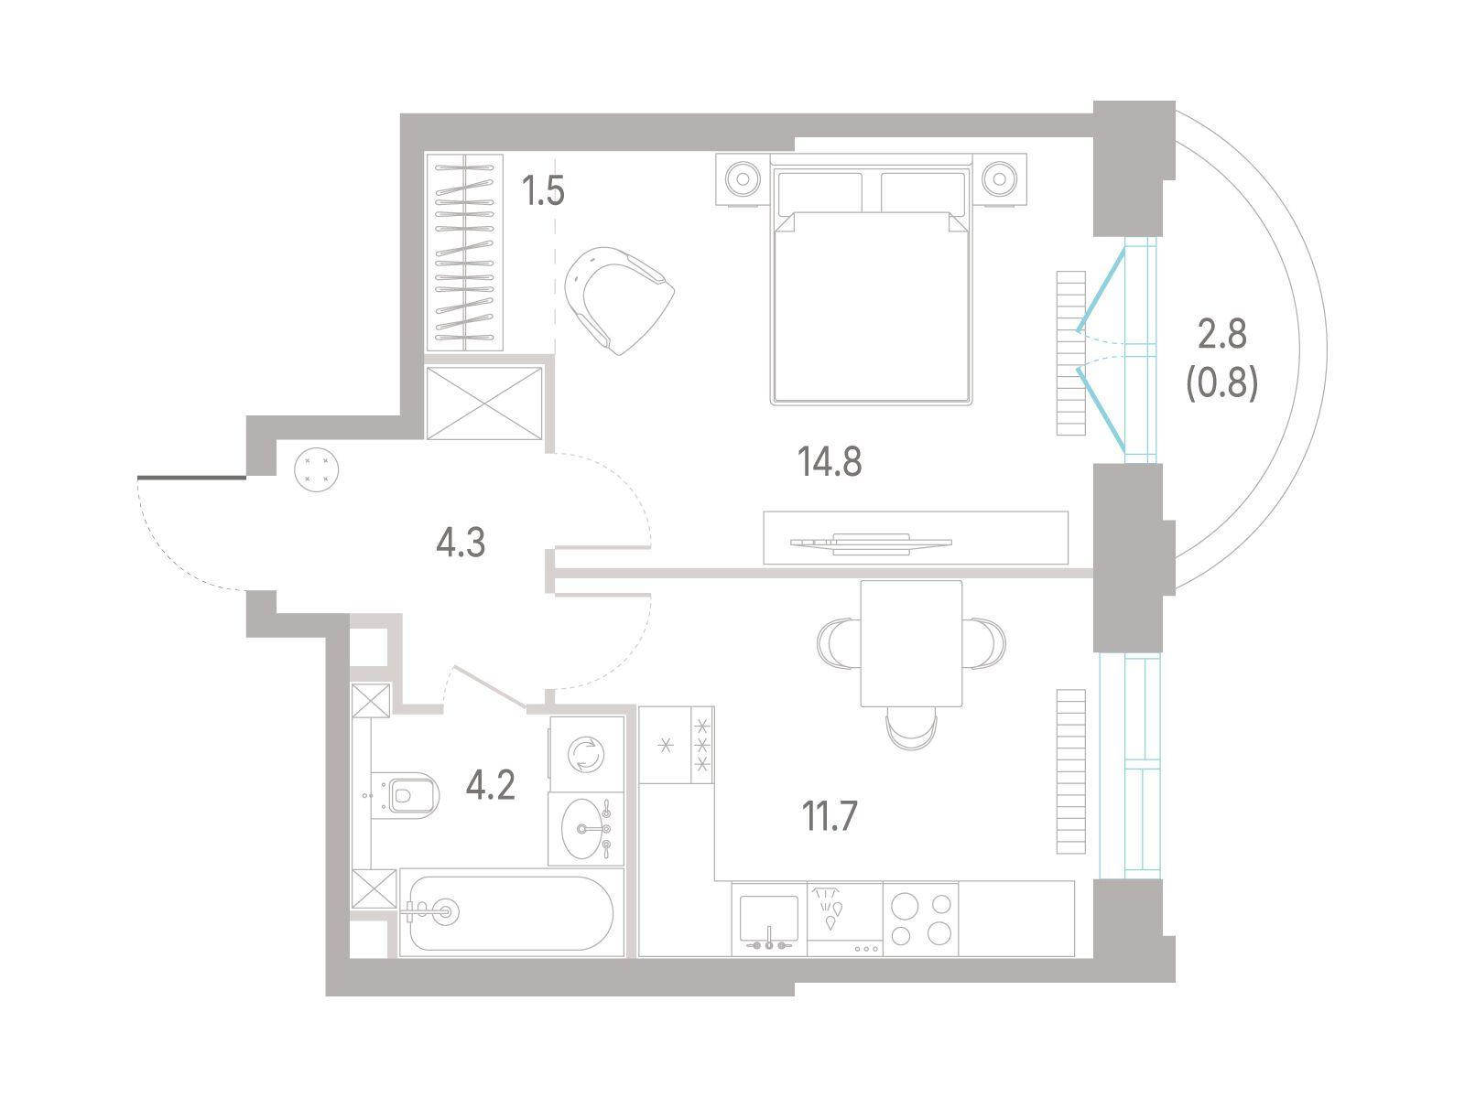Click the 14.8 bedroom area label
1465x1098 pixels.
[x=830, y=462]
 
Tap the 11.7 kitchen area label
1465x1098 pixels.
[x=830, y=816]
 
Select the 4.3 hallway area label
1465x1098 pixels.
[x=461, y=542]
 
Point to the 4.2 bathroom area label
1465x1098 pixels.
[x=491, y=785]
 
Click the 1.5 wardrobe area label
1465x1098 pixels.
[x=543, y=190]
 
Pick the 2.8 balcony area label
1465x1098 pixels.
[x=1222, y=334]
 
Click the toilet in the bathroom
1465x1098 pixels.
[x=405, y=794]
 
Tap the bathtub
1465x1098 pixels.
[x=511, y=912]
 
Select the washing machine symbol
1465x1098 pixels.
[x=586, y=754]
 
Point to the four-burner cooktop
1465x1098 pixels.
[x=920, y=918]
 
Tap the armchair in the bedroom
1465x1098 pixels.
[x=619, y=299]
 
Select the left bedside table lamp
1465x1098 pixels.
[x=743, y=179]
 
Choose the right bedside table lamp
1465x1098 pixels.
[x=998, y=178]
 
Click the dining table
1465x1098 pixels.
[x=911, y=643]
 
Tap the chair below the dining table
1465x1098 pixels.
[x=911, y=728]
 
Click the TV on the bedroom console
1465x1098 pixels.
[x=871, y=544]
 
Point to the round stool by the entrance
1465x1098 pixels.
[x=317, y=469]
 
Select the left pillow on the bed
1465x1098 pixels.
[x=819, y=193]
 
